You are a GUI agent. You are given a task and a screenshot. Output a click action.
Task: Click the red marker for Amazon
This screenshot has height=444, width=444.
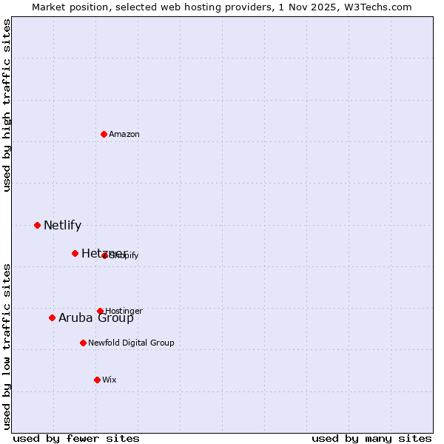coord(104,134)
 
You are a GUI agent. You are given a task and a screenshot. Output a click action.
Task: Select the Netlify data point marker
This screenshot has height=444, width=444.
coord(37,225)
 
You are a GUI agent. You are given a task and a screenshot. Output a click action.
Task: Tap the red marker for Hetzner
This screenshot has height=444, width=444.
coord(75,253)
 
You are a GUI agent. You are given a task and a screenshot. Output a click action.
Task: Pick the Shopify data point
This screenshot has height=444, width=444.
coord(105,255)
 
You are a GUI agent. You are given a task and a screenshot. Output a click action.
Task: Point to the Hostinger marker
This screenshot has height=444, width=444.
coord(100,311)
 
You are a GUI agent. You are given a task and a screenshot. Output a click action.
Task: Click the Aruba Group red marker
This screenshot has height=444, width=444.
coord(52,317)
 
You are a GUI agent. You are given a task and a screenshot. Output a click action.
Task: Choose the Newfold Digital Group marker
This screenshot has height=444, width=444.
coord(83,343)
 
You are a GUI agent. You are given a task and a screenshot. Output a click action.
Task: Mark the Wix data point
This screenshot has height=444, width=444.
coord(97,380)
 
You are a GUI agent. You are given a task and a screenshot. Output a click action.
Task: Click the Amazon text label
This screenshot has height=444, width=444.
coord(124,134)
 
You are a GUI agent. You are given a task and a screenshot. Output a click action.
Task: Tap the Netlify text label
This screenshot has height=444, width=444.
coord(62,225)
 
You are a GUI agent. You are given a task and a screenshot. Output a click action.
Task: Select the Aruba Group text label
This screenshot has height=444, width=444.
coord(96,317)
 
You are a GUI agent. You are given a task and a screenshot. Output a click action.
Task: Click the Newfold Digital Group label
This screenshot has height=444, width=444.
coord(131,343)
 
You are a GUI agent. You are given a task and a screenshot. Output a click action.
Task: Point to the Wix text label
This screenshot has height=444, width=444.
coord(110,380)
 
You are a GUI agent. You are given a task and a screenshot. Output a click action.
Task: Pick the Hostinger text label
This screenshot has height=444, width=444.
coord(124,311)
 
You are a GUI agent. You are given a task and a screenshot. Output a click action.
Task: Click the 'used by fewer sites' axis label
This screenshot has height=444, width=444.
coord(76,438)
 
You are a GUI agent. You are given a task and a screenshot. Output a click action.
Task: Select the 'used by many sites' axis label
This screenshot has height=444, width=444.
coord(371,438)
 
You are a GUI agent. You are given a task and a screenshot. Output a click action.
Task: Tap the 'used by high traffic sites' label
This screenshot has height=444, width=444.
coord(7,105)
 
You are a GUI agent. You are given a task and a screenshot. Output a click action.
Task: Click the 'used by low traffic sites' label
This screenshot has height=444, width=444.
coord(7,346)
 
